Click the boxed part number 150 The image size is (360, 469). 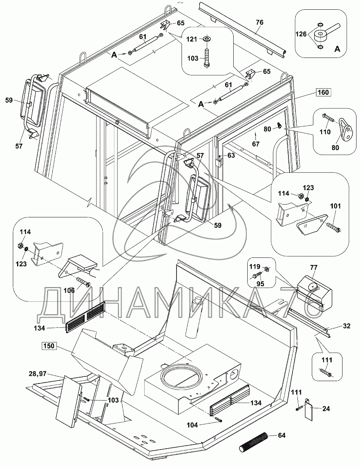click(50, 345)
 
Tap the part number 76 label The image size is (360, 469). click(259, 23)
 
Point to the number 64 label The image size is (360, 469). click(281, 435)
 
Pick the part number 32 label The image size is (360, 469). click(347, 326)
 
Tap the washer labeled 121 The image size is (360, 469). click(206, 39)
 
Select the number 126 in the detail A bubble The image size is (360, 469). click(302, 34)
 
